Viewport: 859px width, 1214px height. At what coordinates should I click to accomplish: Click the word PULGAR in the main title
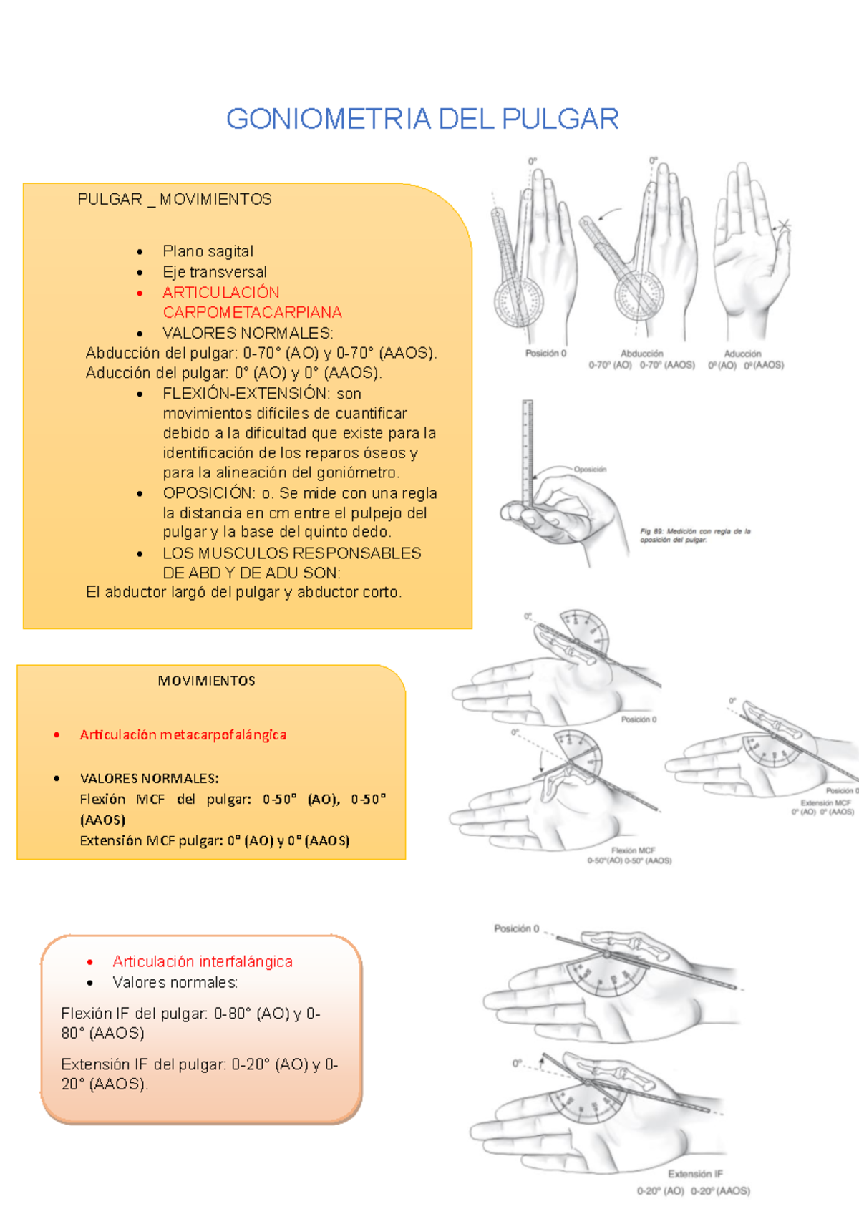point(560,119)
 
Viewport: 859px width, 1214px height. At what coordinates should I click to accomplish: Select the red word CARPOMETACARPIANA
point(252,313)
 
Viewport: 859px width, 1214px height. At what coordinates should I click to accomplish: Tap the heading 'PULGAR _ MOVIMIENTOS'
point(175,200)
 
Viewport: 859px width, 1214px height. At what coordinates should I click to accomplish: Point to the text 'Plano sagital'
point(208,252)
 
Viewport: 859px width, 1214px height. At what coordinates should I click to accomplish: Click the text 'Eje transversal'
point(214,273)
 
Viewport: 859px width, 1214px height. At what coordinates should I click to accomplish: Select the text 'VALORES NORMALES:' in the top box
point(248,334)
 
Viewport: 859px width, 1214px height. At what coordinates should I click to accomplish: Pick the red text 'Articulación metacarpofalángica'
point(183,735)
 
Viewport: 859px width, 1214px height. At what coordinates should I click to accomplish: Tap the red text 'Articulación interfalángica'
point(203,962)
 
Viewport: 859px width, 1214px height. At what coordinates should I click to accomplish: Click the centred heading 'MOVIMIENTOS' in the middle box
point(206,681)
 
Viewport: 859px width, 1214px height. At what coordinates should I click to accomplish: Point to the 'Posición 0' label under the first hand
point(545,354)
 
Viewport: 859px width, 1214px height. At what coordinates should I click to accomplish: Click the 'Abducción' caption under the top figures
point(641,354)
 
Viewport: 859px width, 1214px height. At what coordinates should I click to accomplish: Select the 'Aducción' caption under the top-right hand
point(742,354)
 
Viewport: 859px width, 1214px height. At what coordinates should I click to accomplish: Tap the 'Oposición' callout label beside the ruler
point(590,470)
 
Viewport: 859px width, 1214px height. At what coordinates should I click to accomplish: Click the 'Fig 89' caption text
point(694,535)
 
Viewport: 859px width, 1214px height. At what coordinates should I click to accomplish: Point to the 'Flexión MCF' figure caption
point(633,850)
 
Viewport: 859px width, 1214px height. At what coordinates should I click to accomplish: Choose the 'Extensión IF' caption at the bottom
point(695,1175)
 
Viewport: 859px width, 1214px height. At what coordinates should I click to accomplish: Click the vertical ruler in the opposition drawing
point(528,451)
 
